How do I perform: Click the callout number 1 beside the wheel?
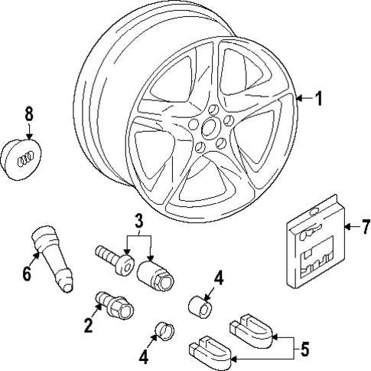pyautogui.click(x=320, y=98)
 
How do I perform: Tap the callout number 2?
pyautogui.click(x=89, y=326)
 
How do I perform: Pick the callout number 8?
pyautogui.click(x=29, y=113)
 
